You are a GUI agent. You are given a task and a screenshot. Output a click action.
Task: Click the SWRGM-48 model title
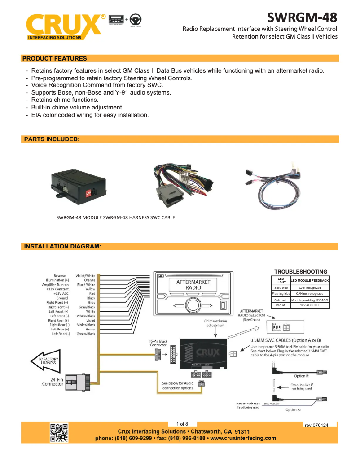pos(302,17)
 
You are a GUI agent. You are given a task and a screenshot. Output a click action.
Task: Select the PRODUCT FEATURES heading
pos(56,58)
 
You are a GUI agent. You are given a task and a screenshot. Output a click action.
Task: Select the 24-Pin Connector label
pos(53,382)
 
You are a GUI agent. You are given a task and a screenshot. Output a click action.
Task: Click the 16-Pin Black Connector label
pos(158,343)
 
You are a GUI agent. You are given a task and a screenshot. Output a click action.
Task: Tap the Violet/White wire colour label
pos(85,275)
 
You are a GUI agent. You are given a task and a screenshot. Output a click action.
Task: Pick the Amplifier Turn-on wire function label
pos(56,284)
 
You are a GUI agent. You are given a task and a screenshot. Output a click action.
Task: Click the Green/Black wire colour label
pos(86,334)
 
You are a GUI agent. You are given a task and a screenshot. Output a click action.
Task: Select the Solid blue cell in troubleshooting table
pos(281,287)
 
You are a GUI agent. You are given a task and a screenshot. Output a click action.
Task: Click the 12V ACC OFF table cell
pos(310,305)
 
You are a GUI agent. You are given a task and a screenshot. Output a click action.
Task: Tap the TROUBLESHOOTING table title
pos(301,271)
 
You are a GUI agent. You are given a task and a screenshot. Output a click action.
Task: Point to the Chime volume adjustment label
pos(215,323)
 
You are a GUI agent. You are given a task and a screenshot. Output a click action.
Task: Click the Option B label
pos(301,376)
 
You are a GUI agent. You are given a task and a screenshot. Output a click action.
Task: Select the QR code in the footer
pos(59,432)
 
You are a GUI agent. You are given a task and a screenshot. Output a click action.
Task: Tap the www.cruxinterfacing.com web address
pos(243,438)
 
